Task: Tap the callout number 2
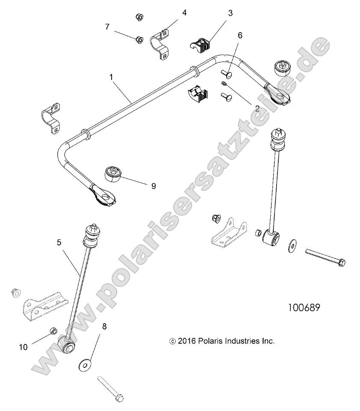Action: pyautogui.click(x=257, y=109)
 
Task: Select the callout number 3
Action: pyautogui.click(x=230, y=13)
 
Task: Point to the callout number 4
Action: pyautogui.click(x=184, y=13)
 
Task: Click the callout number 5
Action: pyautogui.click(x=59, y=242)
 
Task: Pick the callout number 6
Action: pyautogui.click(x=240, y=35)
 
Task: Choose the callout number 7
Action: pyautogui.click(x=107, y=27)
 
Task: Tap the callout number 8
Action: pyautogui.click(x=104, y=326)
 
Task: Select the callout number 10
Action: pyautogui.click(x=23, y=347)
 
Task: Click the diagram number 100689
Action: pyautogui.click(x=304, y=308)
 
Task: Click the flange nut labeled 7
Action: pyautogui.click(x=138, y=39)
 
